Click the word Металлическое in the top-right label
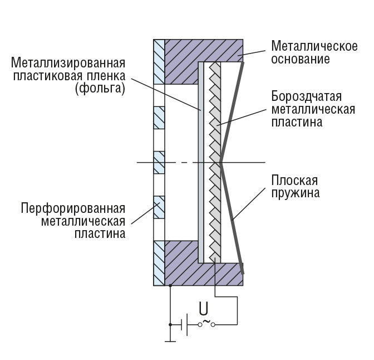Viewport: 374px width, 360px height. click(x=314, y=46)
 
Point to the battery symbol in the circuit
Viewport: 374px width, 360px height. click(x=184, y=323)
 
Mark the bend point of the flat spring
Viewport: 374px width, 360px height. click(x=221, y=163)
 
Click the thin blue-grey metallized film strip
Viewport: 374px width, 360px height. click(x=201, y=162)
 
